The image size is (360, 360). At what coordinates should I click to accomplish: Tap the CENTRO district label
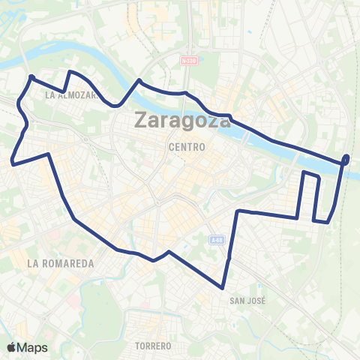coord(187,147)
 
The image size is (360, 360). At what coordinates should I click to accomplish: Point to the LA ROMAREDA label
coord(60,263)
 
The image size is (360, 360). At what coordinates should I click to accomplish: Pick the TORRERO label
coord(154,346)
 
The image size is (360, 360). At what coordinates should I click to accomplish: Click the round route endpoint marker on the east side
coord(346,158)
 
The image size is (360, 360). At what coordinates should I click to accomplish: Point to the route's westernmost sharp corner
coord(13,161)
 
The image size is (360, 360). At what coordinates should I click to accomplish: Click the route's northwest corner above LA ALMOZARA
coord(31,76)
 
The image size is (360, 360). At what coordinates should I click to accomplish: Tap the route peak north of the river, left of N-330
coord(139,79)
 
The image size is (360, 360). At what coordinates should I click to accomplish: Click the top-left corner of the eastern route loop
coord(304,173)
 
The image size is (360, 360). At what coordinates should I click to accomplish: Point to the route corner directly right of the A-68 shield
coord(238,211)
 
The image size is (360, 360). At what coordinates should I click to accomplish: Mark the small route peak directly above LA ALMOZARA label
coord(70,72)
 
